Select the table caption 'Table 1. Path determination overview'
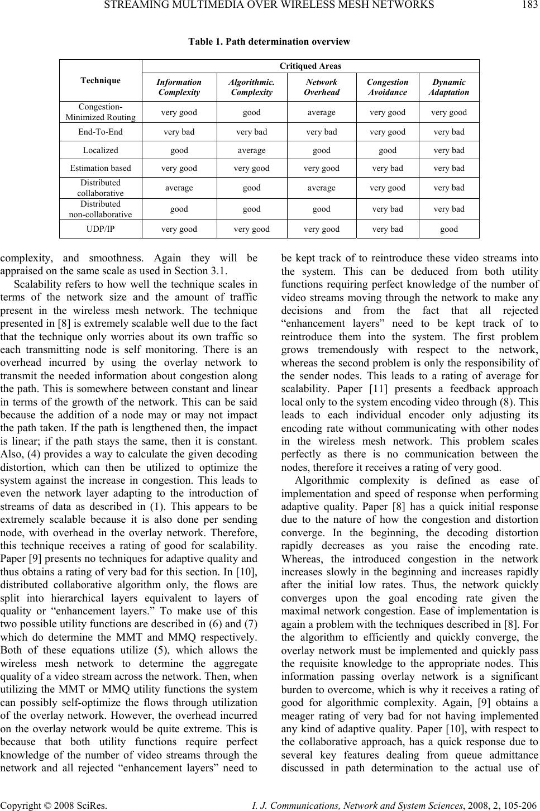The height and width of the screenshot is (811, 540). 269,41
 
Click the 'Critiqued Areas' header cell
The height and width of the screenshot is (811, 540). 310,66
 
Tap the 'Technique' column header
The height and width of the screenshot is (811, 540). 100,80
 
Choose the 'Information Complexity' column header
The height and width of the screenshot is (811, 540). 179,87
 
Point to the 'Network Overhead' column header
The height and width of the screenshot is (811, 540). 322,87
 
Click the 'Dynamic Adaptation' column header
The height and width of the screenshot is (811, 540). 449,87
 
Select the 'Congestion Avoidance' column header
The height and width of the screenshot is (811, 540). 388,87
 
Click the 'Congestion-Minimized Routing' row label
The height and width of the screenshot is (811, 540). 100,112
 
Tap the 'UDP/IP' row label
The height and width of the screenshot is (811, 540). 100,228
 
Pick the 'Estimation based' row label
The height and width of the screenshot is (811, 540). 100,168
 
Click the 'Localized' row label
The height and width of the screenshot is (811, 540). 100,150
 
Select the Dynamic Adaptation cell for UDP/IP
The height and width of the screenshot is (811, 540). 449,228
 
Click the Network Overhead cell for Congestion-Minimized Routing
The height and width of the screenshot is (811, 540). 322,112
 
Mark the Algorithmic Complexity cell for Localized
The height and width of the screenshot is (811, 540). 251,150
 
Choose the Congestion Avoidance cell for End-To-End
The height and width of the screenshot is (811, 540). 388,132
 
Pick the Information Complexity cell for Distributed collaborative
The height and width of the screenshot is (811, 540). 179,188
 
